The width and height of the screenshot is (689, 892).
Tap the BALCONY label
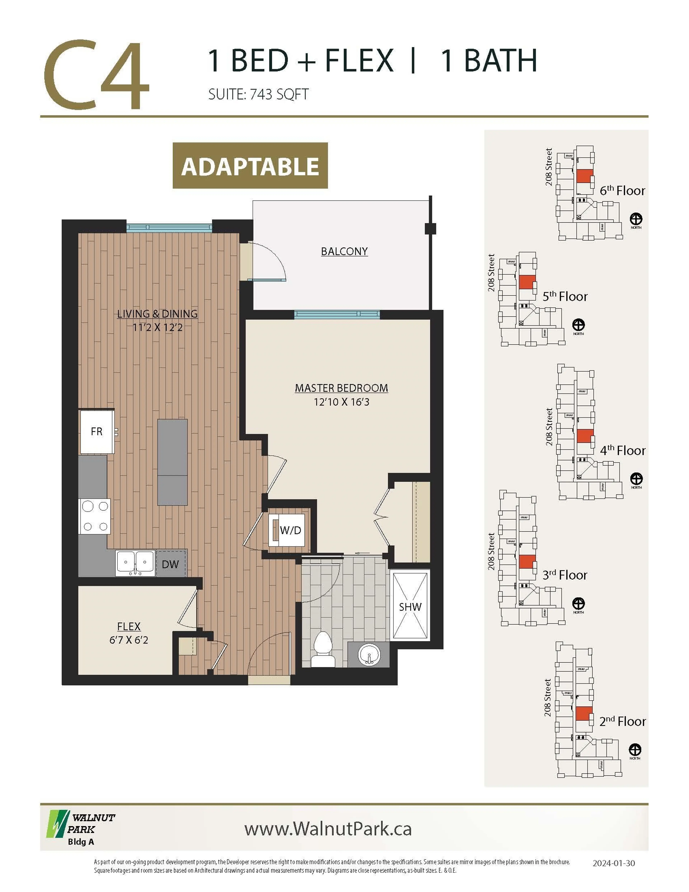point(344,251)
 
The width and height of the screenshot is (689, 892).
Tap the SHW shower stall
point(410,607)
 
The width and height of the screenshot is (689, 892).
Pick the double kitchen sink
point(135,563)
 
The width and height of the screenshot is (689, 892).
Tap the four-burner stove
point(95,517)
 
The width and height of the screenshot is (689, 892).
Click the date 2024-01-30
point(613,863)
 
